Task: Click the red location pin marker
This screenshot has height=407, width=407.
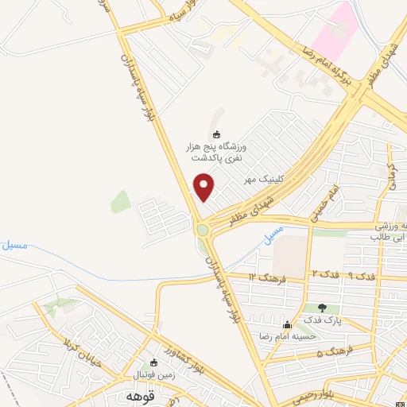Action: click(204, 188)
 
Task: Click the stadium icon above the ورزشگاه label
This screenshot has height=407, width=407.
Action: click(218, 134)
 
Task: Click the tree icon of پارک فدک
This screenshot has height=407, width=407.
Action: click(322, 308)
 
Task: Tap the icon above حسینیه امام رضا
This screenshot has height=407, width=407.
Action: click(288, 324)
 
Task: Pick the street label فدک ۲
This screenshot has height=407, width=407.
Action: click(321, 274)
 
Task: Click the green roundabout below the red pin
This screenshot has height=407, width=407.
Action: click(203, 230)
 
